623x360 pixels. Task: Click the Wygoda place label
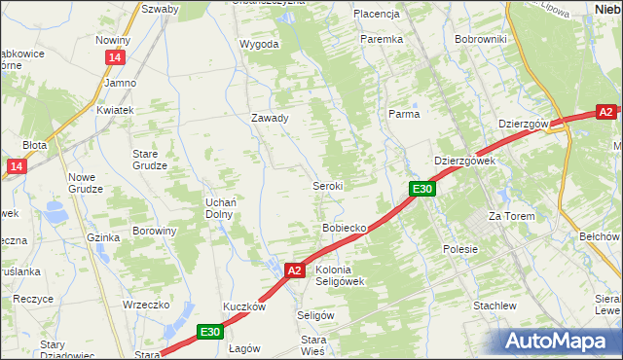[260, 44]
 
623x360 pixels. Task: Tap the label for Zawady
[270, 118]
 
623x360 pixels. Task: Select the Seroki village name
[327, 185]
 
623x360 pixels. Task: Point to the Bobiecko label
[344, 228]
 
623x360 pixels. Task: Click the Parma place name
[404, 114]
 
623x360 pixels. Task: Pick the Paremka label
[382, 39]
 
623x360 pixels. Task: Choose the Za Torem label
[512, 216]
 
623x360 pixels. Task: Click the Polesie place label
[460, 249]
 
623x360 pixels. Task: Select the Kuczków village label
[244, 306]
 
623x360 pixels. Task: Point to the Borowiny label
[155, 232]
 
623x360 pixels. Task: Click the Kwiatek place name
[114, 110]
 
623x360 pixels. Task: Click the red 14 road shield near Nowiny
[115, 58]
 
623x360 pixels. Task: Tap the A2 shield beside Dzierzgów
[607, 111]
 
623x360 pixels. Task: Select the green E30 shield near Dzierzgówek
[421, 189]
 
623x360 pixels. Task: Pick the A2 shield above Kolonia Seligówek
[296, 270]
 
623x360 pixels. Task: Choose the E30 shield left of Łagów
[209, 332]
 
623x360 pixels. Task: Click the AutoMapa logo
[559, 341]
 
